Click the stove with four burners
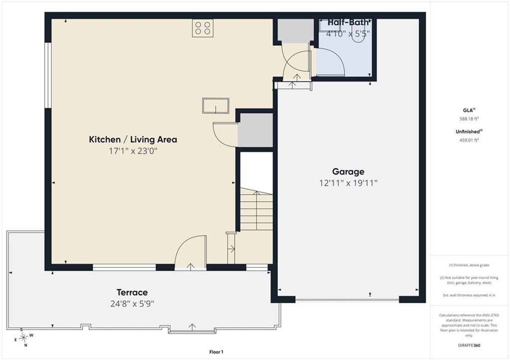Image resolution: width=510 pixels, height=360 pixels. point(203,28)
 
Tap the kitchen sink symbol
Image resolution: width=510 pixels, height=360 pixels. point(216,106)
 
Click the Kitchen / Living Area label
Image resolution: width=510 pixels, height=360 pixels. point(133,139)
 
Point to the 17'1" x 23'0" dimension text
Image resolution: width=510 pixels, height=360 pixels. point(133,151)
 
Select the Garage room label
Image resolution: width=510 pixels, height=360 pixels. point(348,172)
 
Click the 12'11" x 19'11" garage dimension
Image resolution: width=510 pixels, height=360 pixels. point(348,183)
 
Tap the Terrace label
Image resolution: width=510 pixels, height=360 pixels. point(132,292)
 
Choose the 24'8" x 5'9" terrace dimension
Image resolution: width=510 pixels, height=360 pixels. point(132,304)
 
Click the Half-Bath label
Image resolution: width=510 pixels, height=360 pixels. point(348,22)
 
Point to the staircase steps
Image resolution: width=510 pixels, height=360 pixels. point(256,209)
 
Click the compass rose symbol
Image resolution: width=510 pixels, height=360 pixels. point(23,338)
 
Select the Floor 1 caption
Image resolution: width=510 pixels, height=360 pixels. point(216,352)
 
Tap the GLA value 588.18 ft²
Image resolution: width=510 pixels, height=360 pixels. point(469,119)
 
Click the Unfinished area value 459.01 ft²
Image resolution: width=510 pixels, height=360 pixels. point(469,140)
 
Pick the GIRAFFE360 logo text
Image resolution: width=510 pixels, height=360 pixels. point(469,345)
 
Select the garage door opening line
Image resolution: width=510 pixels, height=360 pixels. point(347,299)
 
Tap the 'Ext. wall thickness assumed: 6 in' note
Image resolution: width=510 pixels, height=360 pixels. point(469,295)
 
